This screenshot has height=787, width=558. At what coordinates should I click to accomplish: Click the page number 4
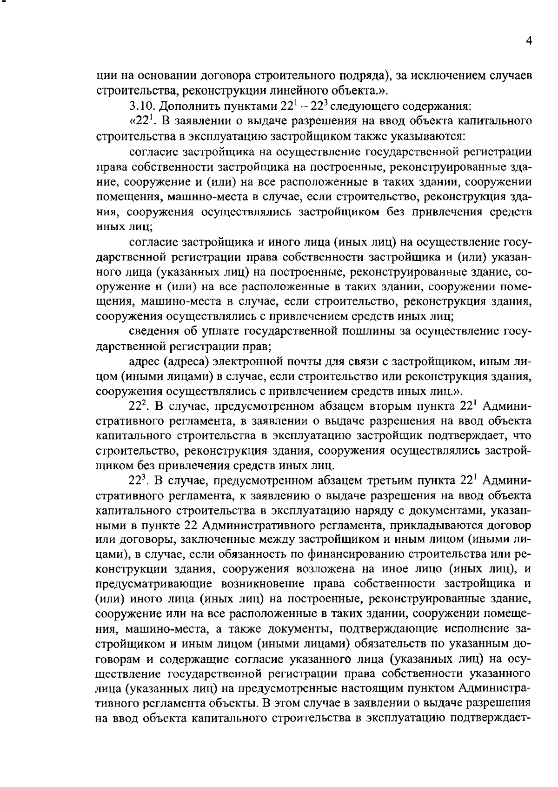pos(528,41)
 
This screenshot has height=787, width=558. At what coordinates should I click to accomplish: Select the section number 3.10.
pos(140,107)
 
